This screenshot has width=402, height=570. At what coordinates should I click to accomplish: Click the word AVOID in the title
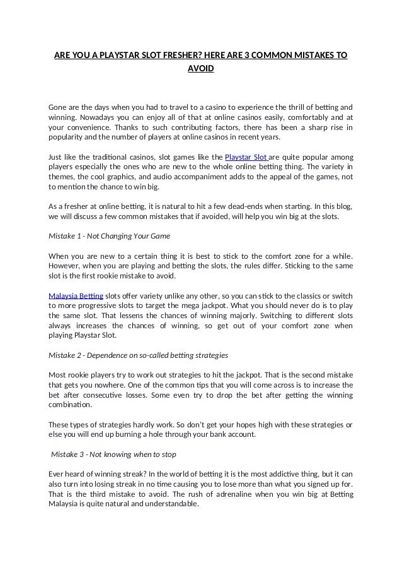201,68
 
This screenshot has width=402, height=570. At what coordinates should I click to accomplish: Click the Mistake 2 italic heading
138,355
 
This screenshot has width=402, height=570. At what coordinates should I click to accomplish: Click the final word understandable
166,504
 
